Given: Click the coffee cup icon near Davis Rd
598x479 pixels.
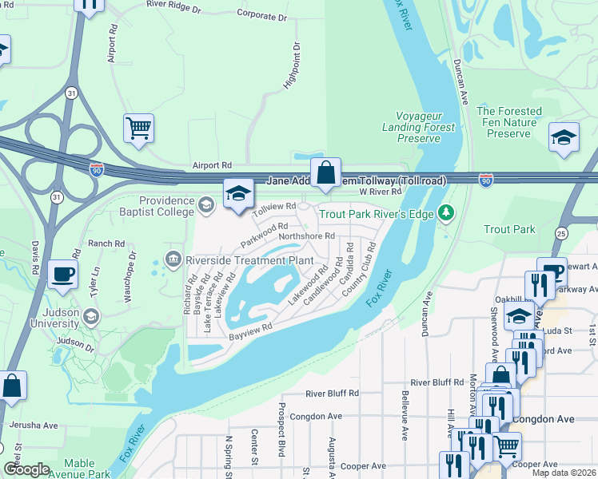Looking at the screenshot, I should tap(62, 274).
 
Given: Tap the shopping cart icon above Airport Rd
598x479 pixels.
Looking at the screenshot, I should tap(138, 128).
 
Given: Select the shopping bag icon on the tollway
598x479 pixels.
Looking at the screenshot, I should tap(326, 172).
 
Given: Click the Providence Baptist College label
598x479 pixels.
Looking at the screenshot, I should tap(166, 206).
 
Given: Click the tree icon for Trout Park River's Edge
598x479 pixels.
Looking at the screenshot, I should tap(445, 213).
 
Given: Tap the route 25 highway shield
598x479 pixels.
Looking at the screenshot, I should tap(560, 233).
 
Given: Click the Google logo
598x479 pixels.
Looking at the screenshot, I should tap(26, 469).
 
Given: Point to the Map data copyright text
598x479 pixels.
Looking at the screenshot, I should tap(564, 473).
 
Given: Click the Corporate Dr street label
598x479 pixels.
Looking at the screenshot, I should tap(261, 14).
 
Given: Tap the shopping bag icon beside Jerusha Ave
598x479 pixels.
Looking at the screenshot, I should tap(13, 386).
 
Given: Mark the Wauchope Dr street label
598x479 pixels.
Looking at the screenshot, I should tap(129, 276).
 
